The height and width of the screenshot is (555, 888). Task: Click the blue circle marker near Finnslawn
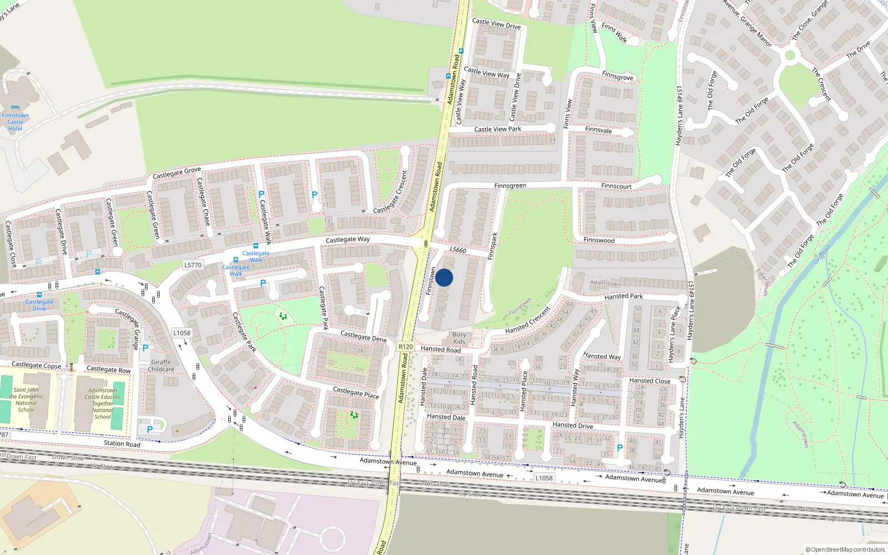[x=444, y=277]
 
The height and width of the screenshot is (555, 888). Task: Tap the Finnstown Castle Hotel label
[x=15, y=122]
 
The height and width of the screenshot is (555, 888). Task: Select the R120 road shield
[x=406, y=346]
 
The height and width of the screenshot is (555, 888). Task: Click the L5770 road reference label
[x=193, y=265]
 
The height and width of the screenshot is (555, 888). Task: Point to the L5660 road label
[x=458, y=250]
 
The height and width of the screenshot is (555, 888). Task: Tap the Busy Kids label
[x=459, y=338]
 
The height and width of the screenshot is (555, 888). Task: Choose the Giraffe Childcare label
[x=161, y=366]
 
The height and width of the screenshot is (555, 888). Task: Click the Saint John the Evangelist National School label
[x=26, y=400]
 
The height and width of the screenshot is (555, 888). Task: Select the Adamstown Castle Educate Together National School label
[x=103, y=403]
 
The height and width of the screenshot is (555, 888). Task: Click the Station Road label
[x=122, y=443]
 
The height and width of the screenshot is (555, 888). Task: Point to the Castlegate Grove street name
[x=176, y=173]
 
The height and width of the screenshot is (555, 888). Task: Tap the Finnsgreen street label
[x=510, y=186]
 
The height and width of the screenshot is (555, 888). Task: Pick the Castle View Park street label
[x=497, y=129]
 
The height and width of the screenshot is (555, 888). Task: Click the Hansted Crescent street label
[x=527, y=321]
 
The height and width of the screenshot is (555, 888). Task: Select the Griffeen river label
[x=822, y=256]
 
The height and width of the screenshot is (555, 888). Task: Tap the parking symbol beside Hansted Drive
[x=620, y=447]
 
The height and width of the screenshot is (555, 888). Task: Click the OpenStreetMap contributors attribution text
[x=845, y=549]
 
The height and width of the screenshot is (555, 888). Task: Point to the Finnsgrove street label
[x=617, y=76]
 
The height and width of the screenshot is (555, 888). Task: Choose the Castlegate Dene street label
[x=364, y=336]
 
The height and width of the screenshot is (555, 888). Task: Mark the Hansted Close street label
[x=649, y=381]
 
